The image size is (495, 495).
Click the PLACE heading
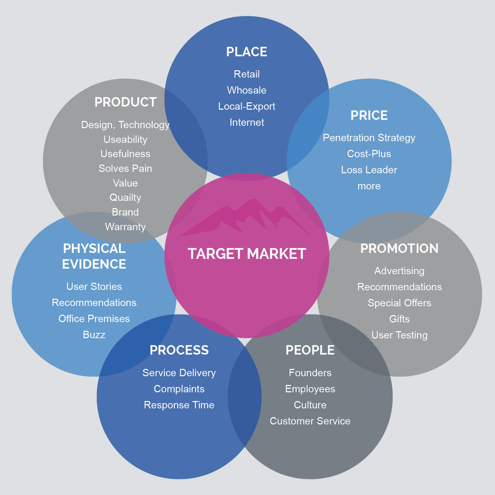[x=247, y=52]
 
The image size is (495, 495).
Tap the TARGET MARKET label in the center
[x=247, y=254]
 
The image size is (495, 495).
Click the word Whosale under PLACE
[x=247, y=90]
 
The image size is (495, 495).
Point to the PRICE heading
[x=369, y=115]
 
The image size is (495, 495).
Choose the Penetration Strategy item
[x=369, y=138]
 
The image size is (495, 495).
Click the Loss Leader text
[x=369, y=170]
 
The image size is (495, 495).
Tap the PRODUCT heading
[x=125, y=102]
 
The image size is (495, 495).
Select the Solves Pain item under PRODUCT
[x=125, y=168]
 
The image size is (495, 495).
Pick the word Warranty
[x=125, y=227]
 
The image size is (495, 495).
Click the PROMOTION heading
[x=399, y=248]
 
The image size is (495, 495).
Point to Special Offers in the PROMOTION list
[x=399, y=303]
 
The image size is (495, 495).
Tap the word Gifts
[x=399, y=319]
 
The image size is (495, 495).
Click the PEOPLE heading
[x=310, y=350]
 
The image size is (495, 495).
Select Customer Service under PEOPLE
[x=310, y=421]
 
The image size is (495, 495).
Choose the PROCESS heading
[x=179, y=350]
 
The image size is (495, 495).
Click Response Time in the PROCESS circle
[x=179, y=405]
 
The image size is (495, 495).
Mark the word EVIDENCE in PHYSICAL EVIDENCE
[x=94, y=264]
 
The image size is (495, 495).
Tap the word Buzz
[x=94, y=335]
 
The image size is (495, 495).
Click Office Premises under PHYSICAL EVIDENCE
[x=94, y=319]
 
